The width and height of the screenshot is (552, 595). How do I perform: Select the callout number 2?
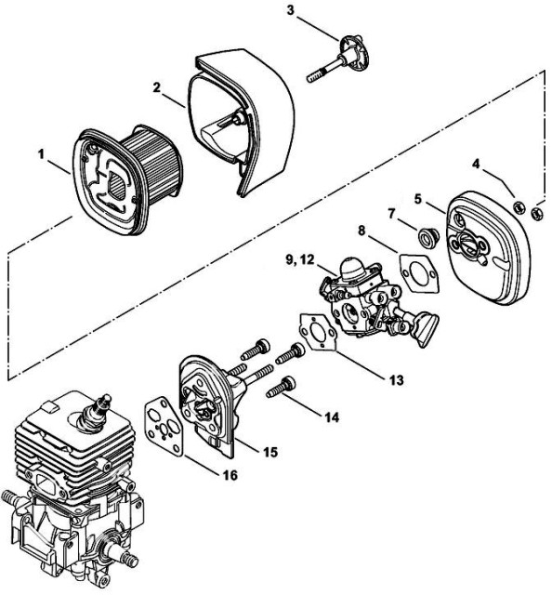tap(157, 87)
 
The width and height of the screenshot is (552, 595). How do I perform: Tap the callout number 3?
tap(290, 10)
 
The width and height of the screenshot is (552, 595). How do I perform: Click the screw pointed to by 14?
tap(282, 385)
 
